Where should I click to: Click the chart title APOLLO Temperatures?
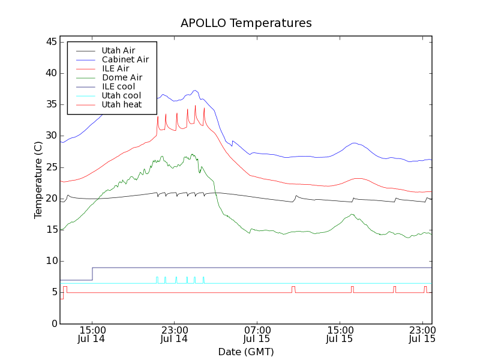(246, 23)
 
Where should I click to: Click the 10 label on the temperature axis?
(50, 261)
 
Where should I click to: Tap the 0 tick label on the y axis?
(53, 323)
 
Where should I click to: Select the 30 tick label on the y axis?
(50, 136)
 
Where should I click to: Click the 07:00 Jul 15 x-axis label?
(257, 335)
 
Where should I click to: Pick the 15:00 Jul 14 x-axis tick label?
(92, 335)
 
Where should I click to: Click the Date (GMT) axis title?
(246, 351)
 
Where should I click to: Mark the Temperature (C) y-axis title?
(38, 180)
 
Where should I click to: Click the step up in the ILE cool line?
(92, 274)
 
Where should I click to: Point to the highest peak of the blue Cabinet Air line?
(195, 91)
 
